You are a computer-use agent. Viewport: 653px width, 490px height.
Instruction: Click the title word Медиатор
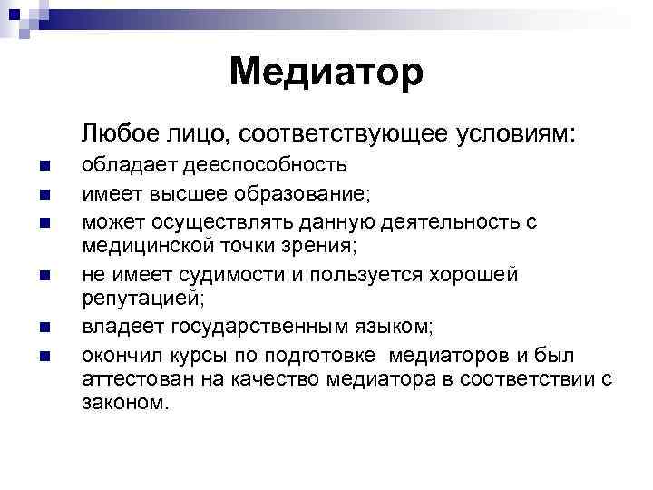(x=326, y=72)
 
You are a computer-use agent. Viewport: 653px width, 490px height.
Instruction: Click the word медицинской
(x=138, y=244)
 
